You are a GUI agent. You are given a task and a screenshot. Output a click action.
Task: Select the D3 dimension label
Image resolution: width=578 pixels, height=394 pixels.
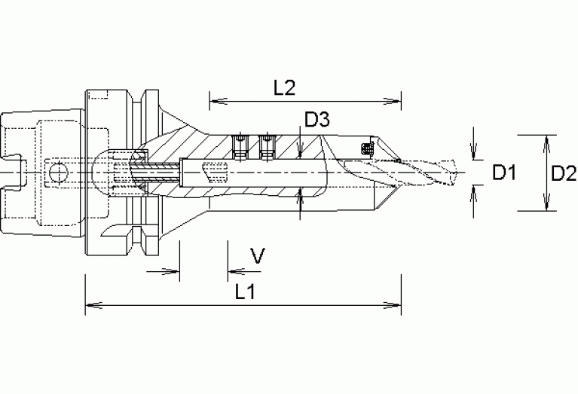pyautogui.click(x=317, y=119)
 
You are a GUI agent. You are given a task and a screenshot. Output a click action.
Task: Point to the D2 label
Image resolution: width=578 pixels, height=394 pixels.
pyautogui.click(x=563, y=173)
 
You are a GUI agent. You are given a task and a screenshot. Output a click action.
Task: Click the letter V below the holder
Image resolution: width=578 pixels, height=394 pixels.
pyautogui.click(x=257, y=258)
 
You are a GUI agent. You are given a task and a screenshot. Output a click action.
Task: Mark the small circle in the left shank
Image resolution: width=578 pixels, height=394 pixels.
pyautogui.click(x=54, y=173)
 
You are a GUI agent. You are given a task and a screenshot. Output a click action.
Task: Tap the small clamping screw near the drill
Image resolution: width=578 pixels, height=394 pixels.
pyautogui.click(x=367, y=147)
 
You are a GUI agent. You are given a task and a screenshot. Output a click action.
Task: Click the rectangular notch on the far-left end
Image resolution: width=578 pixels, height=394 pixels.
pyautogui.click(x=17, y=172)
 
